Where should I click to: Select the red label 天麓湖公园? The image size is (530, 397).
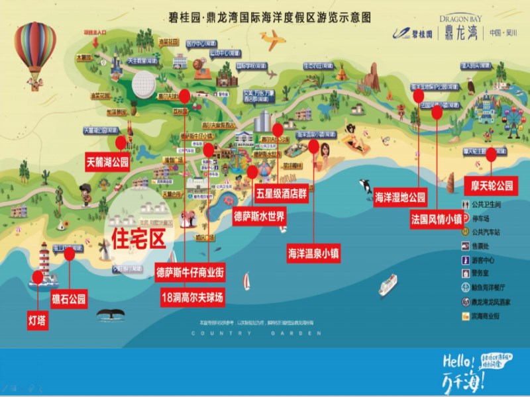tap(107, 161)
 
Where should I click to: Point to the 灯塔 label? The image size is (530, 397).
tap(38, 321)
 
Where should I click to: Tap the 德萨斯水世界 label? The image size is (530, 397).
tap(259, 216)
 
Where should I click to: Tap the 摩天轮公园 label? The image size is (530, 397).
tap(492, 185)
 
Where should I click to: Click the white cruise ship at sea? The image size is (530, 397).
tap(388, 285)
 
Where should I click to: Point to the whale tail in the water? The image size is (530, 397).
tap(110, 314)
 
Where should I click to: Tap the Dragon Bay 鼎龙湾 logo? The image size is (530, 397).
tap(458, 30)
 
